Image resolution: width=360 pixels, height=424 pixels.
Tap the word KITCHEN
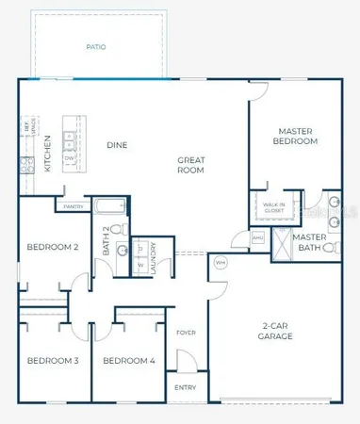click(48, 154)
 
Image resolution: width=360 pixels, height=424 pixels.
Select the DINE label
click(117, 145)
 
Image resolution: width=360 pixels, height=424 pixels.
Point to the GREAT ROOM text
click(191, 166)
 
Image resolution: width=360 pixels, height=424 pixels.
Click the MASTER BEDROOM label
click(302, 137)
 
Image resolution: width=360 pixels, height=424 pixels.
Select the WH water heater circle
click(220, 262)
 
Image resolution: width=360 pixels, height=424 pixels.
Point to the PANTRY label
click(74, 205)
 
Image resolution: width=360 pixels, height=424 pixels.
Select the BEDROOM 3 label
click(52, 361)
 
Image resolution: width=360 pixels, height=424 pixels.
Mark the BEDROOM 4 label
click(128, 361)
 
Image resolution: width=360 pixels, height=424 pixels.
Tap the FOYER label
click(186, 332)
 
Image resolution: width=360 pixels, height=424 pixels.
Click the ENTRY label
click(185, 387)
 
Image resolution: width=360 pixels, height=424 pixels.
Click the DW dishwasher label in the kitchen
click(69, 159)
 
